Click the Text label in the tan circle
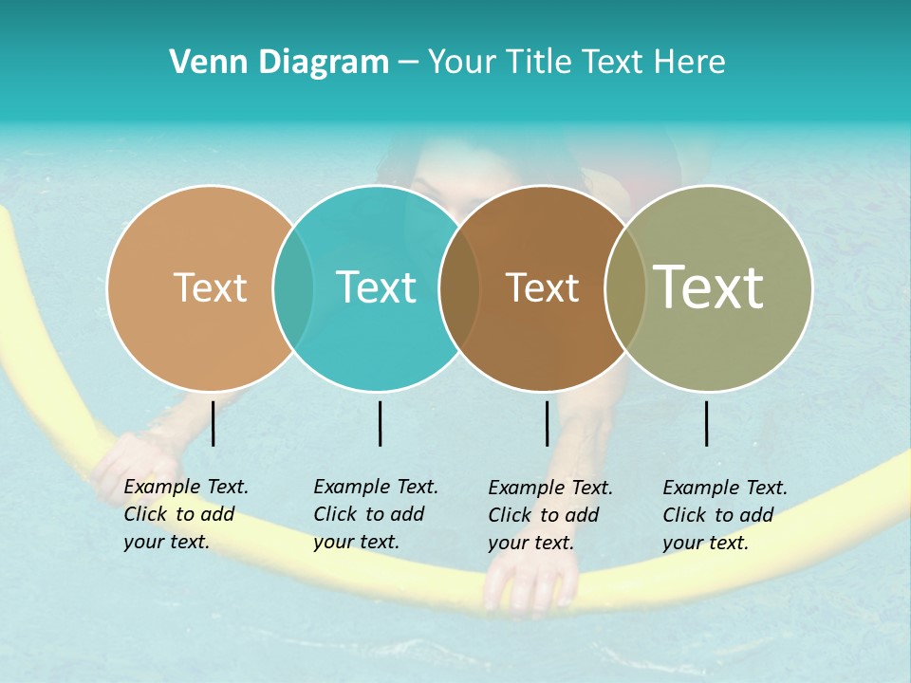(x=210, y=287)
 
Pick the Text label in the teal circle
(x=377, y=287)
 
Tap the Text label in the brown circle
(x=542, y=287)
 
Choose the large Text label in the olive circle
(x=709, y=286)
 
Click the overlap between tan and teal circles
(x=293, y=287)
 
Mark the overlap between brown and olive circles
(x=625, y=287)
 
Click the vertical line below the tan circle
(x=213, y=423)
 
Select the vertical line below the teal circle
(x=380, y=423)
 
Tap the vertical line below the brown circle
(x=547, y=423)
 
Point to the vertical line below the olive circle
(x=706, y=423)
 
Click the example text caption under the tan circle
(x=185, y=514)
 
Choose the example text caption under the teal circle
(x=375, y=514)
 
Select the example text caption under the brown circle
(x=549, y=515)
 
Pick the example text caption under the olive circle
(x=724, y=515)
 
